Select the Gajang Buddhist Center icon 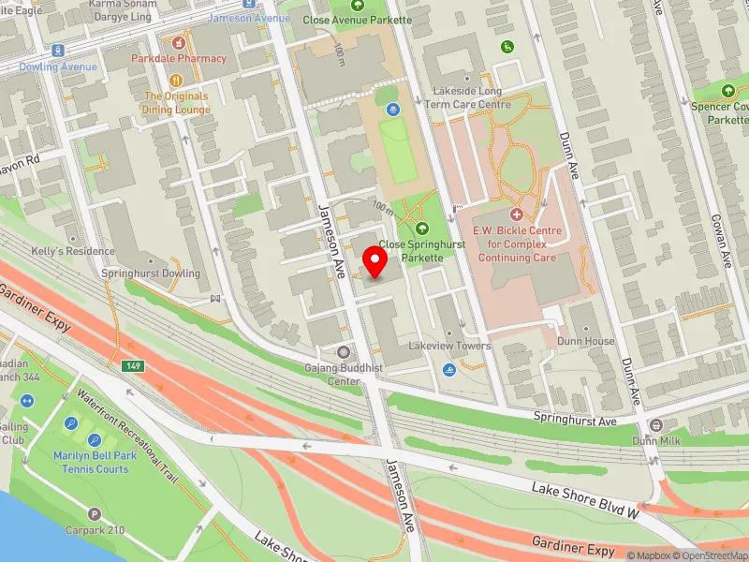coord(344,352)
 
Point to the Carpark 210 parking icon coord(94,513)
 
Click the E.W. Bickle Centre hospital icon coord(515,214)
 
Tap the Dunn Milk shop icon coord(654,425)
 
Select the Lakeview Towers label coord(449,346)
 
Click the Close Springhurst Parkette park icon coord(420,228)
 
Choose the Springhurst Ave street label coord(575,418)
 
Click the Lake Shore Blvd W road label coord(585,501)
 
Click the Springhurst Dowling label coord(152,274)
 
